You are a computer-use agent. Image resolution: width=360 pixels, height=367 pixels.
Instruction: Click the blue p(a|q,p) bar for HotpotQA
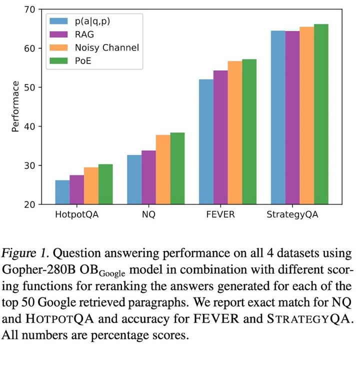click(62, 192)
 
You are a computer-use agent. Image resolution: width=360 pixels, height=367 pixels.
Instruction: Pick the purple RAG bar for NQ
click(148, 177)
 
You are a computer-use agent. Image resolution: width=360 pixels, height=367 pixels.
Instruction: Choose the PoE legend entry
click(82, 61)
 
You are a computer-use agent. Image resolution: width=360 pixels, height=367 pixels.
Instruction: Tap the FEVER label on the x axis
click(220, 214)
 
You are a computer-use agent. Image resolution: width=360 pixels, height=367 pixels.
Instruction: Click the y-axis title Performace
click(15, 106)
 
